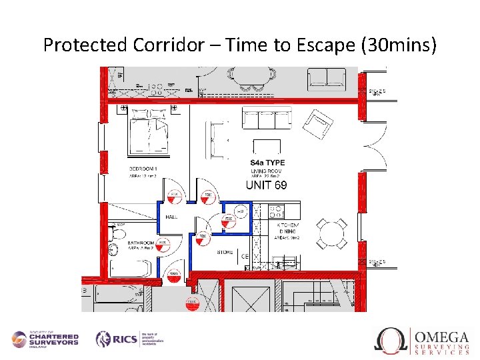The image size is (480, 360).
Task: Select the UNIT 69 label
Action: click(266, 185)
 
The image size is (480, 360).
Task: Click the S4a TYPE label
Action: click(267, 163)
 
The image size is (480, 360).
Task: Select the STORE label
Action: click(225, 253)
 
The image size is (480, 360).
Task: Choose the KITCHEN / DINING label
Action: click(288, 231)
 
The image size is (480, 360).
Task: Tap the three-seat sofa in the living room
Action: click(267, 119)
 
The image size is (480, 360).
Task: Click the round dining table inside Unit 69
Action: click(331, 233)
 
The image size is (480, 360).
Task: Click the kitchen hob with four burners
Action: click(275, 211)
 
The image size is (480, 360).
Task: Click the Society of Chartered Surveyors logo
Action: click(45, 339)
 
